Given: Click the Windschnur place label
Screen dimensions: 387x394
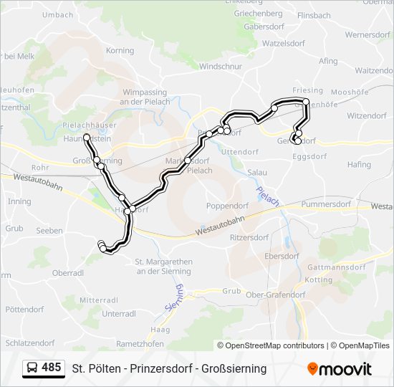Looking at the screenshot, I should pos(220,67).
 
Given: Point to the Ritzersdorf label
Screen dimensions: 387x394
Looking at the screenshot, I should pos(249,237).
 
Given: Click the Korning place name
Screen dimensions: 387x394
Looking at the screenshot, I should pos(120,51).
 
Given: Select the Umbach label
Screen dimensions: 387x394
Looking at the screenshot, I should pos(58,14).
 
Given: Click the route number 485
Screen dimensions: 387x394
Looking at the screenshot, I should pos(51,368).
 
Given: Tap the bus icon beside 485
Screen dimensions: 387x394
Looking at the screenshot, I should pos(32,368).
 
